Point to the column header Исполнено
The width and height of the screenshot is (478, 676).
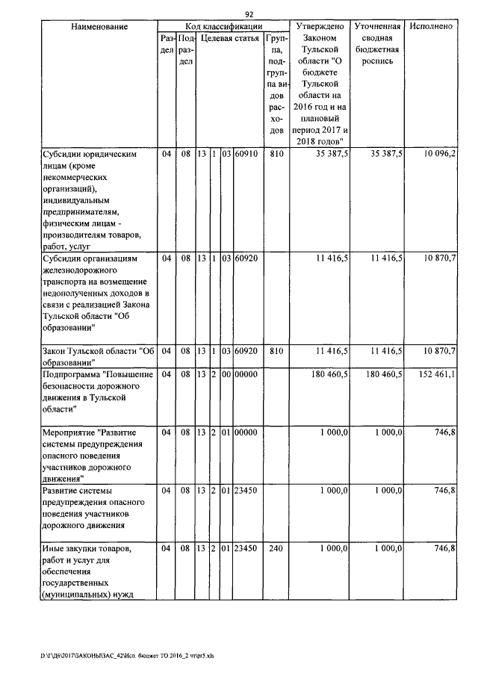pyautogui.click(x=432, y=26)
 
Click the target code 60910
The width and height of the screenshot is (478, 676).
pyautogui.click(x=246, y=154)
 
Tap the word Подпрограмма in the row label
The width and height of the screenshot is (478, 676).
pyautogui.click(x=68, y=373)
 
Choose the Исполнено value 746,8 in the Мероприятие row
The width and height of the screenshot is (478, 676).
pyautogui.click(x=444, y=432)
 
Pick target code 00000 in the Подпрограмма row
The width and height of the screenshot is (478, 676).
pyautogui.click(x=246, y=373)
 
